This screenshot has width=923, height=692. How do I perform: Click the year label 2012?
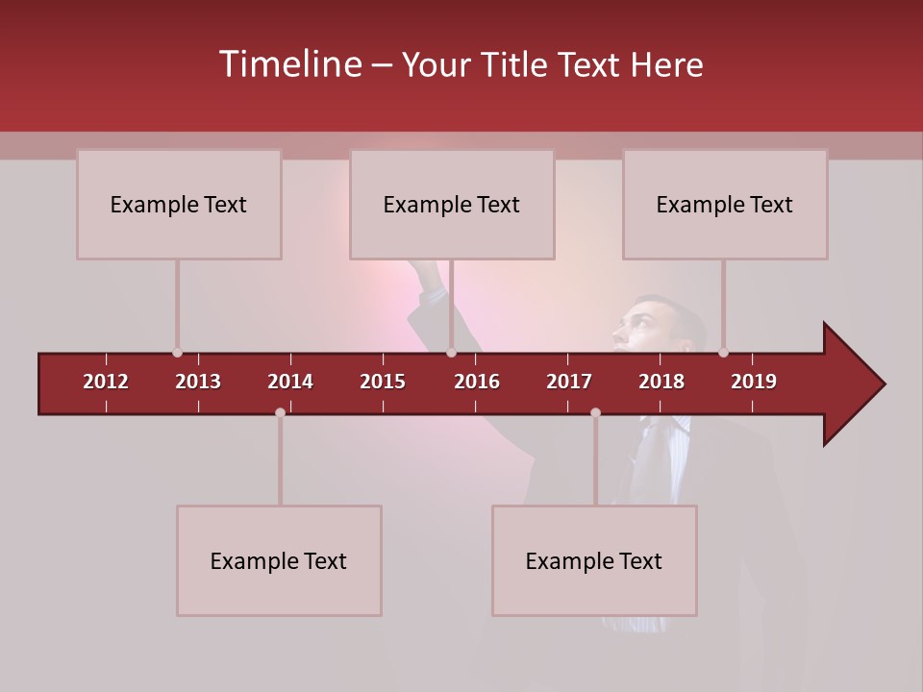[106, 382]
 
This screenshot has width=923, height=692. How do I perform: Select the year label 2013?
[198, 382]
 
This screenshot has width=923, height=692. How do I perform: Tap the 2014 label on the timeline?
[290, 382]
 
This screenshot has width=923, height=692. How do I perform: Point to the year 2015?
[383, 382]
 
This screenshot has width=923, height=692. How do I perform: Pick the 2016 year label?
[477, 382]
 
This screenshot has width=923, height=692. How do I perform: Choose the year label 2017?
[569, 382]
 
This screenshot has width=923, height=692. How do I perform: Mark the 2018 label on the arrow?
[661, 382]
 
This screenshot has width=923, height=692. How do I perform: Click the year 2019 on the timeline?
[754, 382]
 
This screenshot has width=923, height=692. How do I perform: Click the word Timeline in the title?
[288, 64]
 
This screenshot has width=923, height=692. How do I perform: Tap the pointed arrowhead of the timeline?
[856, 383]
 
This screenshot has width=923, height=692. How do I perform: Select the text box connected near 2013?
[179, 204]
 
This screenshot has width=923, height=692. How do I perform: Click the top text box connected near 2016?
[452, 204]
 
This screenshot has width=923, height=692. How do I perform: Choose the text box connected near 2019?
[725, 204]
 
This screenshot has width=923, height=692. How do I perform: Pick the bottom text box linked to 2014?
[279, 560]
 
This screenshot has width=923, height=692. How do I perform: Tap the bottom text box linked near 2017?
[594, 560]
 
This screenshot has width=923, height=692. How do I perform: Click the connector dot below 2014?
[280, 412]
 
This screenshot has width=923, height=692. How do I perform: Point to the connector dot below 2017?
[595, 412]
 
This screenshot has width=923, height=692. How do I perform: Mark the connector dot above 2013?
[177, 353]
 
